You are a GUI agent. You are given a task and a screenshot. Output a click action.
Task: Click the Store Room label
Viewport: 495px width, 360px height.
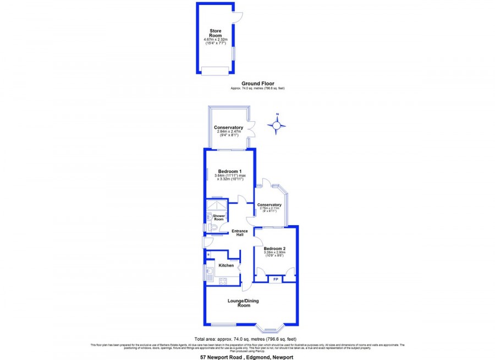pos(215,33)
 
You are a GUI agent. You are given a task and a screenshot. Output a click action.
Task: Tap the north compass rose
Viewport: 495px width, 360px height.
pos(277,125)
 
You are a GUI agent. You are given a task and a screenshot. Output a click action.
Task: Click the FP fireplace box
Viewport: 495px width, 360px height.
pos(275,280)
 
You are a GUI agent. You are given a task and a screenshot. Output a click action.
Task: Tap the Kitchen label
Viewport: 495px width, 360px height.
pos(227,266)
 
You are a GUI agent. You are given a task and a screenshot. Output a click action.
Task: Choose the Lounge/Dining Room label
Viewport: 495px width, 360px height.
pos(244,303)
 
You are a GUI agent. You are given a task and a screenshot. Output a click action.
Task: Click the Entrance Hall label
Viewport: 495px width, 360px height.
pos(238,233)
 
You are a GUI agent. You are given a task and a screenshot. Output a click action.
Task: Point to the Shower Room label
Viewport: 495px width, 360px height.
pos(219,217)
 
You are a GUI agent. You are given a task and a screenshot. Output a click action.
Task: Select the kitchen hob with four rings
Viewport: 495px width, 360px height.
pos(224,281)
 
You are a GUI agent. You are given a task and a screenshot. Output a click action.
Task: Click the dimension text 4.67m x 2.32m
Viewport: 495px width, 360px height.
pos(215,40)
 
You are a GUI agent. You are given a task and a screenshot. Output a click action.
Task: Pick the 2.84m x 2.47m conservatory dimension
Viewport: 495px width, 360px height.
pos(229,132)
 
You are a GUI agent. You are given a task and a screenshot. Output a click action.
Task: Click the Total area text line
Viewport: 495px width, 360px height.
pos(246,339)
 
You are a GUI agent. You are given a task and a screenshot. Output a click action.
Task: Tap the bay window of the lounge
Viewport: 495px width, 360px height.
pos(271,329)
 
